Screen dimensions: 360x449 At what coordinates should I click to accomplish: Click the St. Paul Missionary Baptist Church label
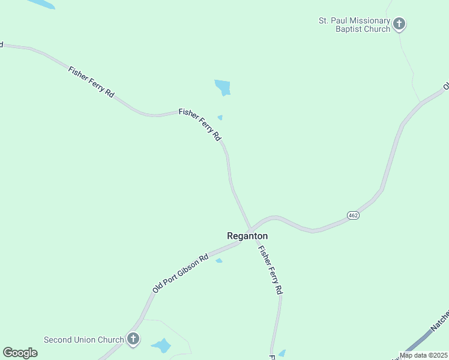click(354, 25)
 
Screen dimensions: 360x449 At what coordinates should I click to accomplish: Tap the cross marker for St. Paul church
click(399, 25)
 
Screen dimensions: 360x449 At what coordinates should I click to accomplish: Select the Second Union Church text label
click(83, 340)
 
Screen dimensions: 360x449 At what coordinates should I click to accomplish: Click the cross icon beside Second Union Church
click(133, 339)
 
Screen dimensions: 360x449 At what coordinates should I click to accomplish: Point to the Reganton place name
click(247, 236)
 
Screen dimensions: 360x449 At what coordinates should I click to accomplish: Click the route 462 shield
click(353, 215)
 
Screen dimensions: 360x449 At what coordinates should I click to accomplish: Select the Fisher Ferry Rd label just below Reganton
click(270, 269)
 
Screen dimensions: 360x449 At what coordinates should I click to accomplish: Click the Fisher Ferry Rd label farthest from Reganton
click(91, 82)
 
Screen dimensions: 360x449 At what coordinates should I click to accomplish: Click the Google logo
click(20, 352)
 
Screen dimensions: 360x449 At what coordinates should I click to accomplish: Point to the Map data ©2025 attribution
click(423, 355)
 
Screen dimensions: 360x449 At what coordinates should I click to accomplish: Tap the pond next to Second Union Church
click(161, 346)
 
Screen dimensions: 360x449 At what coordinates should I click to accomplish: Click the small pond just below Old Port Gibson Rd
click(219, 260)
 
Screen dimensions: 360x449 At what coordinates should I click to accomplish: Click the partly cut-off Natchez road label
click(440, 320)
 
